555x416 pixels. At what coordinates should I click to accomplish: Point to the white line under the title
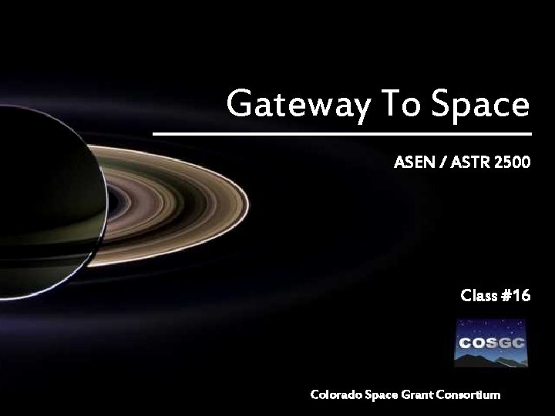[x=342, y=134]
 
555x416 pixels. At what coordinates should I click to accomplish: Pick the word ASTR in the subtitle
[x=467, y=163]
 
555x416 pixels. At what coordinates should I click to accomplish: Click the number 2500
[x=510, y=163]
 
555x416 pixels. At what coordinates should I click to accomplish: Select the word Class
[x=479, y=295]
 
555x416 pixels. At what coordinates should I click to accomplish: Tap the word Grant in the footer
[x=421, y=394]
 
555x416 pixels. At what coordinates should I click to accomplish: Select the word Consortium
[x=470, y=394]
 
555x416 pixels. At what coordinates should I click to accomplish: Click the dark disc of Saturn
[x=46, y=200]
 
